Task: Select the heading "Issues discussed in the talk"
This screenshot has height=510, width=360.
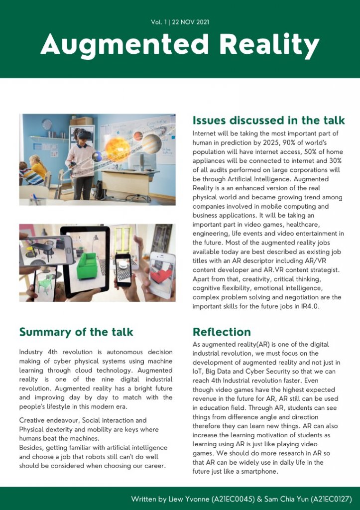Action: [x=268, y=121]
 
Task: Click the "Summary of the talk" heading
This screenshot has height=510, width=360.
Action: [x=76, y=332]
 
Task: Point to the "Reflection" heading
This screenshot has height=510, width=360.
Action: [x=222, y=332]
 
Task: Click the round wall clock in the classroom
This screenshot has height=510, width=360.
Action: [x=47, y=125]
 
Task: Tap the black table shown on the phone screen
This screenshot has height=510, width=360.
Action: [x=45, y=248]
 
